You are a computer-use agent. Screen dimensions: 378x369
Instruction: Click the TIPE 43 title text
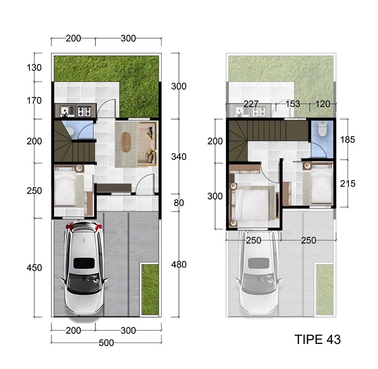point(317,339)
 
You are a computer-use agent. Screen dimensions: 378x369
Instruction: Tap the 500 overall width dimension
point(106,343)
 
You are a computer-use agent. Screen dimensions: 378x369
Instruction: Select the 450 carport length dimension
point(34,268)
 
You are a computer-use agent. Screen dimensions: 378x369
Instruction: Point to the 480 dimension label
point(179,265)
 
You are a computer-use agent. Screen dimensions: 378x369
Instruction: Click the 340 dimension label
point(179,157)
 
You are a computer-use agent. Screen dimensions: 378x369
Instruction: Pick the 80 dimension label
point(179,203)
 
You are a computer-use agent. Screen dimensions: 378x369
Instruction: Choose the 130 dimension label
point(34,67)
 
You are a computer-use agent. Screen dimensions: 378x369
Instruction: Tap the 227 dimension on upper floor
point(251,104)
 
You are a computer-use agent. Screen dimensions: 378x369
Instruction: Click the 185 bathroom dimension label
point(347,139)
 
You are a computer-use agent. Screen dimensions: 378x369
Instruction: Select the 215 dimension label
point(347,183)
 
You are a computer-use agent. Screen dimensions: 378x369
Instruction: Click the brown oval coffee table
point(125,142)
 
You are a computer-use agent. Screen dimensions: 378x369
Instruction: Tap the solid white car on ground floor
point(84,269)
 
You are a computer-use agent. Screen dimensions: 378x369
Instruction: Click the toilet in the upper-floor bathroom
point(322,128)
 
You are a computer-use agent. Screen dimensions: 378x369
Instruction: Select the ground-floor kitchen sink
point(65,111)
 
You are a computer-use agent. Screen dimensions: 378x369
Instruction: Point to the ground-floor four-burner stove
point(84,111)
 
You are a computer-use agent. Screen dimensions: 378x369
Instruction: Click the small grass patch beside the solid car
point(150,289)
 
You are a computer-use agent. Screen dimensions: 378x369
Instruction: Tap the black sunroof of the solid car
point(84,263)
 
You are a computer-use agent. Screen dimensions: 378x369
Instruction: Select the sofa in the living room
point(148,144)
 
